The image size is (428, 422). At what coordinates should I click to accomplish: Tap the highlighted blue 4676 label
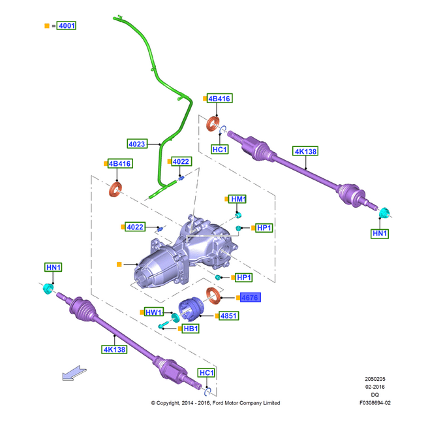(249, 297)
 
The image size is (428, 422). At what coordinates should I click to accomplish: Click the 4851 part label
(229, 316)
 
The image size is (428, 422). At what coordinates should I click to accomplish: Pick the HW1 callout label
(153, 312)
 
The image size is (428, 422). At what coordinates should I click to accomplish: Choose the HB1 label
(191, 329)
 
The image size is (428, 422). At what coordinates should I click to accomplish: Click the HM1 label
(238, 199)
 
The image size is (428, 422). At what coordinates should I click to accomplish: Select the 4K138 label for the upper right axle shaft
(305, 152)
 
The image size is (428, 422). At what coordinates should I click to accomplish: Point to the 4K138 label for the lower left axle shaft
(114, 349)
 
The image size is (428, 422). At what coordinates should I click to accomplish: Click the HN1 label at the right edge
(380, 233)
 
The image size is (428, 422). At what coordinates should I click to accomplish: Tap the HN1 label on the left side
(53, 267)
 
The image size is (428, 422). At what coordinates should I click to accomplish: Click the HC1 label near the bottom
(206, 372)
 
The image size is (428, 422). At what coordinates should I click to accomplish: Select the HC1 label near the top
(220, 150)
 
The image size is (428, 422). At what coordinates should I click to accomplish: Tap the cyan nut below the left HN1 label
(48, 289)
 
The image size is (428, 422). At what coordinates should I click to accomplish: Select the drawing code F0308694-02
(374, 403)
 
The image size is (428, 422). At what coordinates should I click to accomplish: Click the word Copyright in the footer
(172, 403)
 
